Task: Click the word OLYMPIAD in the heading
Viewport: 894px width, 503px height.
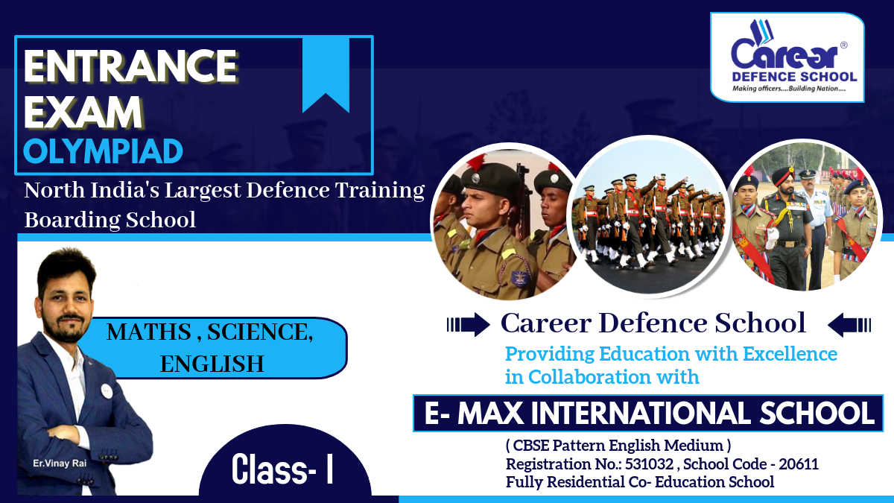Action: tap(103, 152)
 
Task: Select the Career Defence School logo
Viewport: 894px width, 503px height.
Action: tap(787, 57)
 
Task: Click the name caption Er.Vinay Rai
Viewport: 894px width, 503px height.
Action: tap(60, 464)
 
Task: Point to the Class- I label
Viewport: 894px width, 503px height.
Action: tap(282, 469)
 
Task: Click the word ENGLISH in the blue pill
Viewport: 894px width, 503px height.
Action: tap(212, 364)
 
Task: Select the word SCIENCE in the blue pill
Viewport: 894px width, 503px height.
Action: tap(260, 332)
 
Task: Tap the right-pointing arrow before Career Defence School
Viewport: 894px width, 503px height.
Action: tap(468, 324)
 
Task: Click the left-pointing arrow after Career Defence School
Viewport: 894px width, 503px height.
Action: tap(849, 325)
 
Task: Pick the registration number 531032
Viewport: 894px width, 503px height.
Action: tap(650, 464)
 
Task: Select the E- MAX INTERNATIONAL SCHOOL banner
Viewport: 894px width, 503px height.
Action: tap(648, 413)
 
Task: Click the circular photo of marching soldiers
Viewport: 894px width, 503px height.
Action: tap(649, 215)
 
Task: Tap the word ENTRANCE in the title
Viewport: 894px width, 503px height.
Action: tap(130, 66)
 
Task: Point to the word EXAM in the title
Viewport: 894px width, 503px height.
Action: tap(83, 112)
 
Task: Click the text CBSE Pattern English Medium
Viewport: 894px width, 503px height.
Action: tap(618, 445)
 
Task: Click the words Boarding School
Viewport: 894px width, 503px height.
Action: tap(110, 220)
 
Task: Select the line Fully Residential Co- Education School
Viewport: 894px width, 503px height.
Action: tap(640, 482)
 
